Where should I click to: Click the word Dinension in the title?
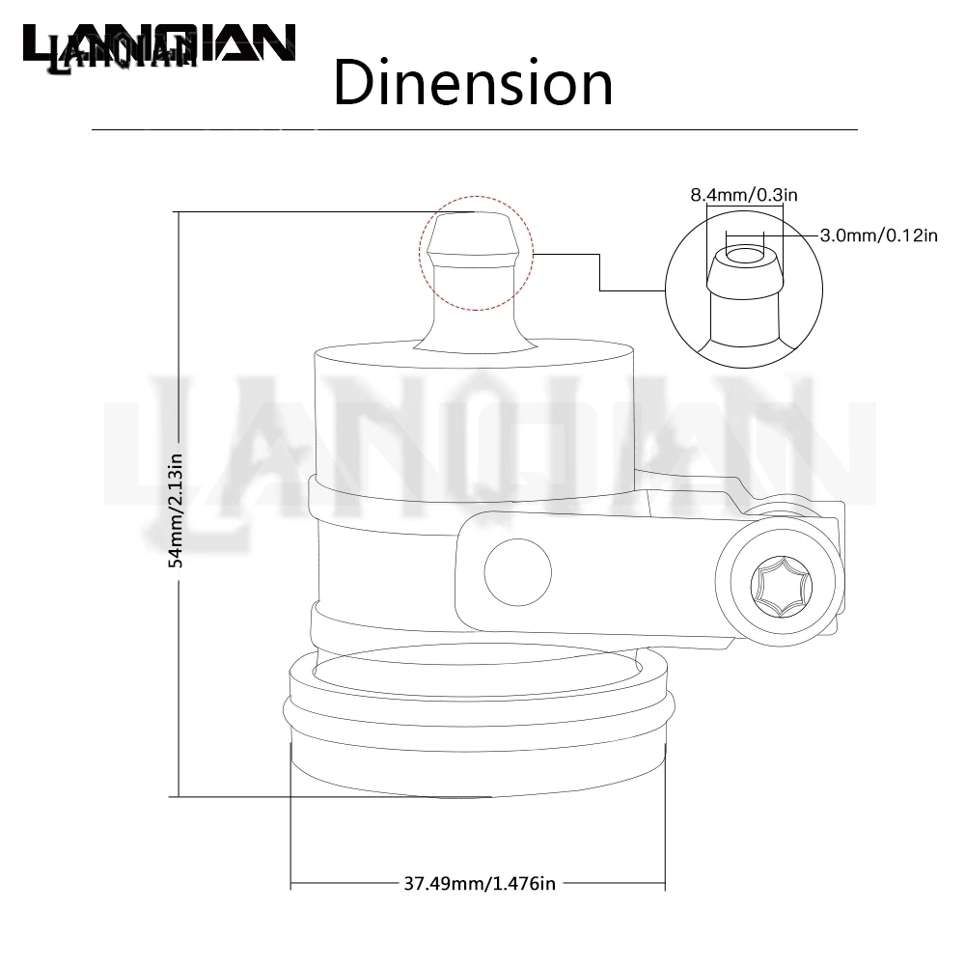473,82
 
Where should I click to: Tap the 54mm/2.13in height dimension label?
177,510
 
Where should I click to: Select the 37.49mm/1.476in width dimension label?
480,883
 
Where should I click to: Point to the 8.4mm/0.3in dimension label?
743,195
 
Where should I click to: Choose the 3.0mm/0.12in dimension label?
878,235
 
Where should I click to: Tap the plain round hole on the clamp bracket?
517,571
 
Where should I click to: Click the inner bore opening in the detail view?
745,255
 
